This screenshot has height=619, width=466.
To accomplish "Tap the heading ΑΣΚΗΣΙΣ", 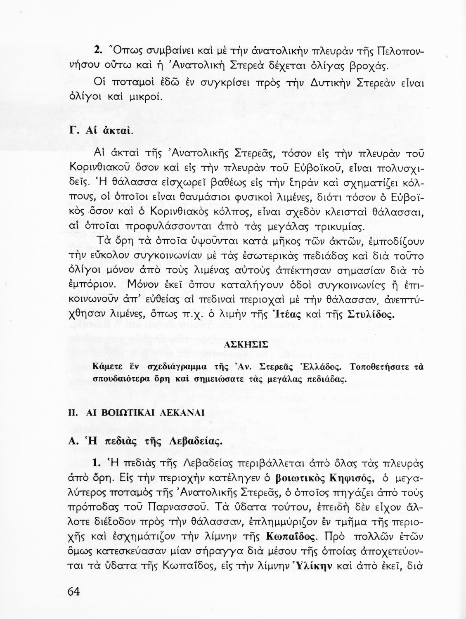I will coord(248,344).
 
